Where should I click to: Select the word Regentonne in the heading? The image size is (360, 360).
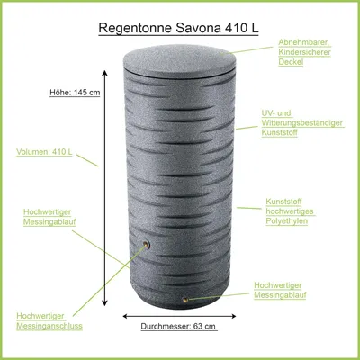135,29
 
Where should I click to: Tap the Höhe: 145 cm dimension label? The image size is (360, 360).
75,93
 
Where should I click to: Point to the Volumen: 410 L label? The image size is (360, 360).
44,152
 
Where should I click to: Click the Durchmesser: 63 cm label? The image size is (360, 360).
178,326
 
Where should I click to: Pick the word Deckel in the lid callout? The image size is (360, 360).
291,62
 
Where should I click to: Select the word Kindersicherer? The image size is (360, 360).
304,52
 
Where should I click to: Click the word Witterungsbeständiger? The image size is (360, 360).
301,123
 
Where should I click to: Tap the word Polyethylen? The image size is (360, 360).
287,221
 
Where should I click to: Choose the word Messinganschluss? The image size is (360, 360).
49,326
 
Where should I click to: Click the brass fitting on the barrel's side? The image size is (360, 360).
147,244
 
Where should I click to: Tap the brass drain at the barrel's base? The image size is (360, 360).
185,299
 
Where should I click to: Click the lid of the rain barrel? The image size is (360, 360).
179,61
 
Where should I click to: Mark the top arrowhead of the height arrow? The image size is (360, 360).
104,74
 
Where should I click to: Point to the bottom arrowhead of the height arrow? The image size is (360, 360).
104,302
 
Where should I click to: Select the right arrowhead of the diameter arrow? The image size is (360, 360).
232,316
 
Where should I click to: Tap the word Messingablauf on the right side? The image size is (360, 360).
280,295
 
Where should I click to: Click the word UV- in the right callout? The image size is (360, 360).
268,113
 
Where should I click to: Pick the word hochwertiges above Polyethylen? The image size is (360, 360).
290,211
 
